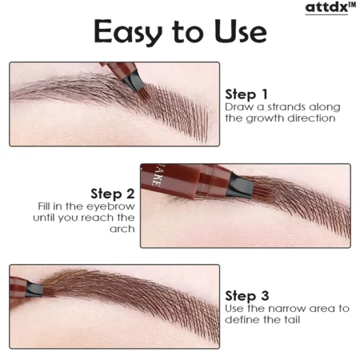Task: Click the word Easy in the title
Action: pyautogui.click(x=128, y=32)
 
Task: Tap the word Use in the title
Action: pyautogui.click(x=241, y=31)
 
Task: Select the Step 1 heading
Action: pyautogui.click(x=246, y=95)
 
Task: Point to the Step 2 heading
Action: pyautogui.click(x=112, y=194)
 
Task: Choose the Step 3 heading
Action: pyautogui.click(x=247, y=296)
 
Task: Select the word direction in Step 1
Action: pyautogui.click(x=311, y=118)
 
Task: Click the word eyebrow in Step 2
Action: pyautogui.click(x=111, y=207)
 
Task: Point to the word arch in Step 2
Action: pyautogui.click(x=122, y=229)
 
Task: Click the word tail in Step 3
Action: pyautogui.click(x=293, y=320)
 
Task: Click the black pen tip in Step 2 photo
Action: pyautogui.click(x=240, y=186)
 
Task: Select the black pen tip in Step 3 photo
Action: pyautogui.click(x=35, y=289)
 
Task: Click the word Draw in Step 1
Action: pyautogui.click(x=239, y=107)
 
